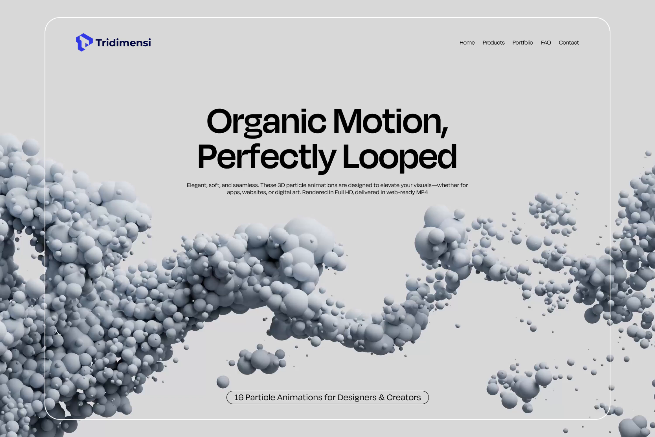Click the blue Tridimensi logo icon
click(x=84, y=42)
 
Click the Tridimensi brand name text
click(x=123, y=43)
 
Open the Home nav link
click(x=467, y=43)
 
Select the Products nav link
click(x=493, y=43)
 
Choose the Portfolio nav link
click(x=522, y=43)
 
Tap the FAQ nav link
click(x=546, y=43)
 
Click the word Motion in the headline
click(x=387, y=121)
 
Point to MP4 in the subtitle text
click(x=422, y=192)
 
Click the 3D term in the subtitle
click(x=281, y=185)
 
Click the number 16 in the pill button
click(x=239, y=397)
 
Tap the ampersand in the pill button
click(x=381, y=397)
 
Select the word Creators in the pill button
click(x=403, y=397)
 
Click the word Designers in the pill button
click(x=357, y=397)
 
